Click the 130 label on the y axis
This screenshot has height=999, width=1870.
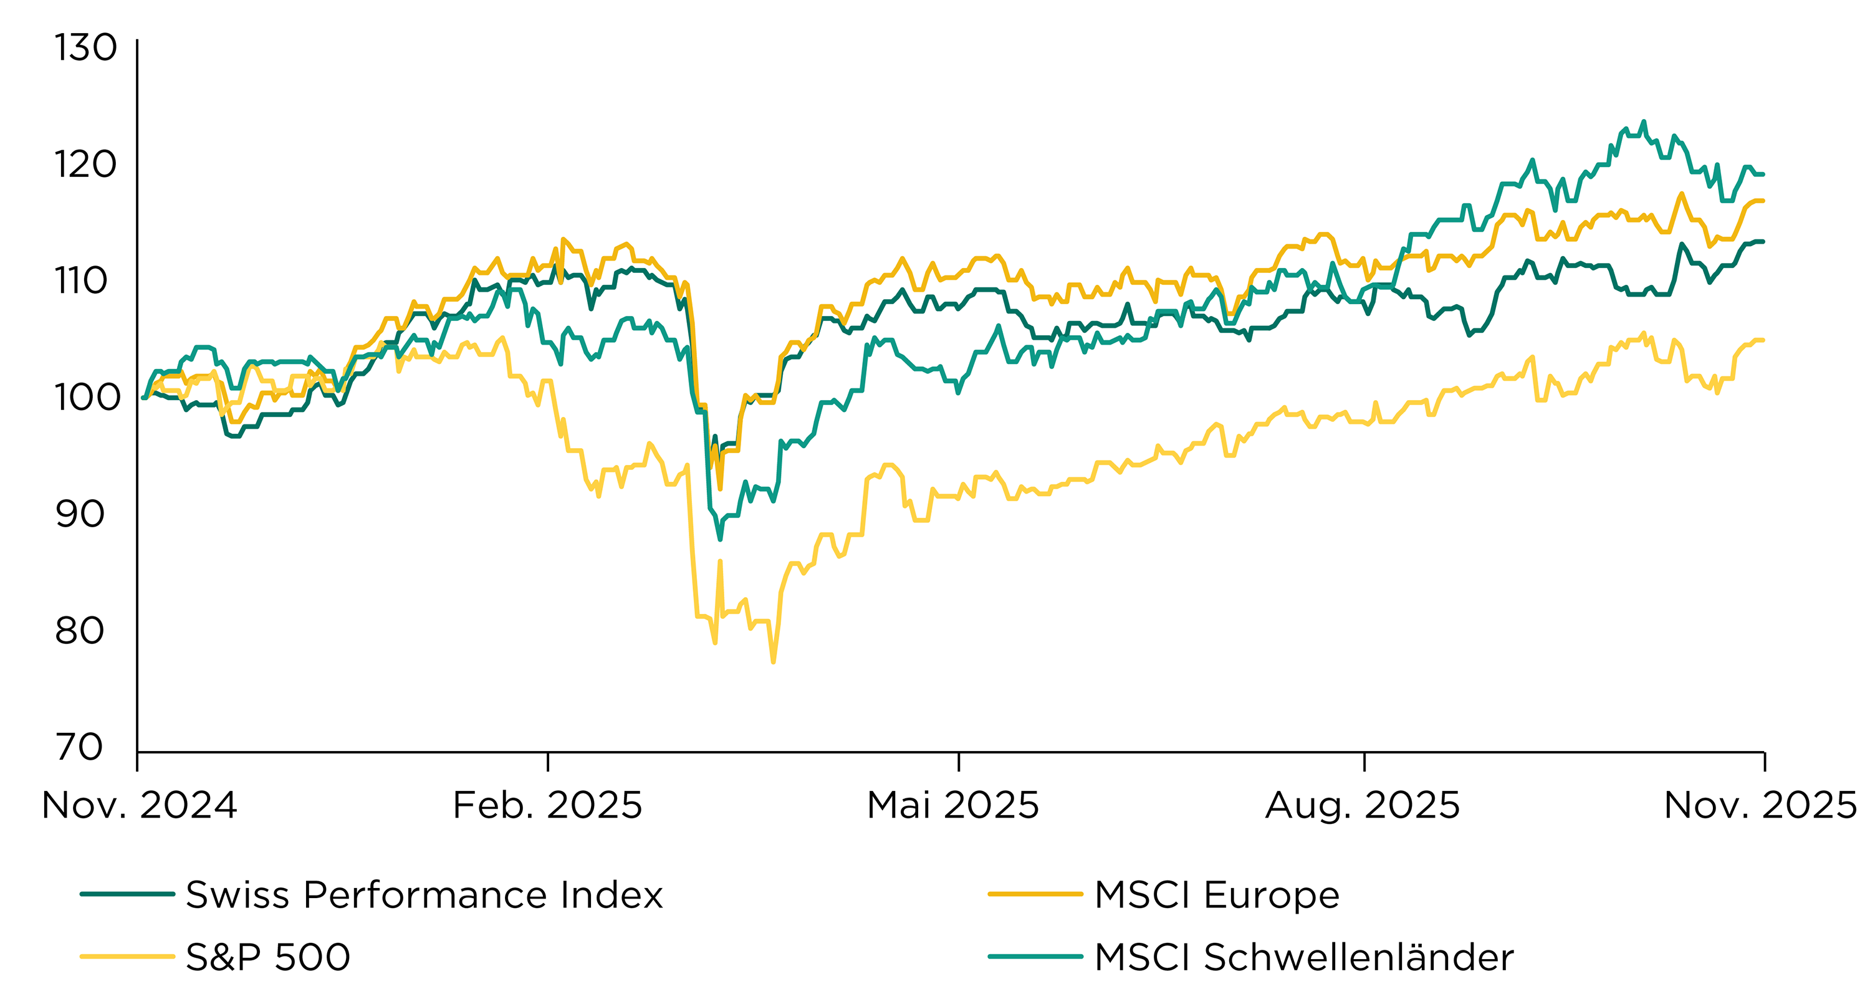pos(85,48)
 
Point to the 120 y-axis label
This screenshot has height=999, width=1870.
pos(85,164)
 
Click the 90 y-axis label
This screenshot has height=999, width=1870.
pos(80,514)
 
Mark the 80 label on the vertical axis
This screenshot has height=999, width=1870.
pos(80,630)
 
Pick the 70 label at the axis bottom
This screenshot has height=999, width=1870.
pos(80,747)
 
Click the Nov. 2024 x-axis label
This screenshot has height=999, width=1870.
pos(140,805)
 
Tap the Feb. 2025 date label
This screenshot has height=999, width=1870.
pos(547,805)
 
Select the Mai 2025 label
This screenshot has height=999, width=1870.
pos(952,805)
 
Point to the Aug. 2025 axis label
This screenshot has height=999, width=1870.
pos(1363,805)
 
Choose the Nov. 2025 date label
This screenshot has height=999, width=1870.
pos(1760,805)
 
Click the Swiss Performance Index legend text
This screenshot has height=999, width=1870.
pos(424,894)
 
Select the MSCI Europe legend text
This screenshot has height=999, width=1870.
pos(1217,894)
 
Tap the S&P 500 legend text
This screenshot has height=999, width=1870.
pos(268,957)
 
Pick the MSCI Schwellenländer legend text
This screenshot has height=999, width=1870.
pos(1304,957)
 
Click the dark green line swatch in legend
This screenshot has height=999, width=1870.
pos(127,894)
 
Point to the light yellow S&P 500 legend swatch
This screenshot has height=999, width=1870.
pos(127,957)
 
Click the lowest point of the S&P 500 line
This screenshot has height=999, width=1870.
pos(773,662)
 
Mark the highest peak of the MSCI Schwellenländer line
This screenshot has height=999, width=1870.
pos(1644,122)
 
